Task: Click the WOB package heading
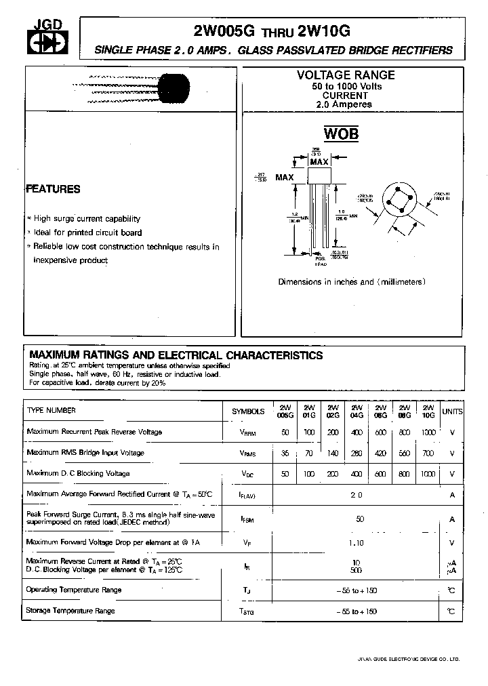pyautogui.click(x=341, y=134)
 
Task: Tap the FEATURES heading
pyautogui.click(x=54, y=189)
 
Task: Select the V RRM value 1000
pyautogui.click(x=428, y=432)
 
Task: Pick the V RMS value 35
pyautogui.click(x=285, y=453)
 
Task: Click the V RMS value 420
pyautogui.click(x=380, y=453)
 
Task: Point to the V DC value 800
pyautogui.click(x=404, y=474)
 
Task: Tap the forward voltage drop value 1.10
pyautogui.click(x=357, y=542)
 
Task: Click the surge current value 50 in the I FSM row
pyautogui.click(x=360, y=519)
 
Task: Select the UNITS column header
pyautogui.click(x=452, y=411)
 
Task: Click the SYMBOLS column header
pyautogui.click(x=248, y=411)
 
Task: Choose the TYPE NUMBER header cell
pyautogui.click(x=52, y=411)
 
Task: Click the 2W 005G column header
pyautogui.click(x=285, y=411)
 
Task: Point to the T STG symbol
pyautogui.click(x=247, y=611)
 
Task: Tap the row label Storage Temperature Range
pyautogui.click(x=70, y=611)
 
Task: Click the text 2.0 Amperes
pyautogui.click(x=344, y=104)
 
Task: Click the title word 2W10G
pyautogui.click(x=323, y=31)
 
